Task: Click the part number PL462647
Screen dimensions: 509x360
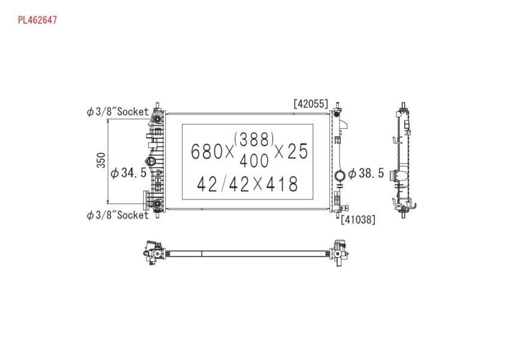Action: (37, 20)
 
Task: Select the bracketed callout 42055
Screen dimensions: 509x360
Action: (311, 104)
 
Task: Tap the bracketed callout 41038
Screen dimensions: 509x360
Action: (358, 219)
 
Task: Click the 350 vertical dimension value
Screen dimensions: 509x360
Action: (101, 160)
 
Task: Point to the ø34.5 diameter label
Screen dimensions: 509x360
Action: (129, 173)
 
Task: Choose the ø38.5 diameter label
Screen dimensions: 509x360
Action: (366, 173)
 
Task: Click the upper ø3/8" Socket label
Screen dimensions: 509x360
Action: (117, 111)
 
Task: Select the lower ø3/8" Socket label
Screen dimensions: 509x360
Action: (117, 215)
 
